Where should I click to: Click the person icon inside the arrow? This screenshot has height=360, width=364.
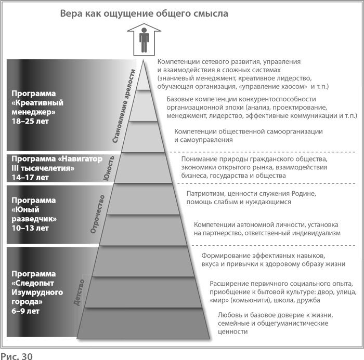[144, 40]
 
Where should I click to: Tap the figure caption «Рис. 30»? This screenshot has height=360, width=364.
[17, 356]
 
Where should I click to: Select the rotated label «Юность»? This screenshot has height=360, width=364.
[109, 168]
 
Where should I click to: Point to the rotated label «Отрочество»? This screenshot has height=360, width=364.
[98, 214]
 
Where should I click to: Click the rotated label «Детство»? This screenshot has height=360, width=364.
[79, 293]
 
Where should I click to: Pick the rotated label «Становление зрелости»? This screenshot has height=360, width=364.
[124, 106]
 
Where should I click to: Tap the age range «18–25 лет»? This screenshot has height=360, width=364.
[30, 121]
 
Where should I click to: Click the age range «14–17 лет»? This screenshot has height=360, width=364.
[30, 178]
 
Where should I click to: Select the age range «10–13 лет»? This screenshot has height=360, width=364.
[30, 228]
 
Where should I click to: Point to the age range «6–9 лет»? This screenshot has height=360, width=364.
[25, 311]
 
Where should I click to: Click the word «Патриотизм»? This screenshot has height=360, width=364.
[205, 193]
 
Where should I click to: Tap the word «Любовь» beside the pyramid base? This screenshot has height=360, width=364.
[230, 315]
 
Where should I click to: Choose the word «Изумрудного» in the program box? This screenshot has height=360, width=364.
[37, 292]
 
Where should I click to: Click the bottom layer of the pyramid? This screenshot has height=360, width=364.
[143, 323]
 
